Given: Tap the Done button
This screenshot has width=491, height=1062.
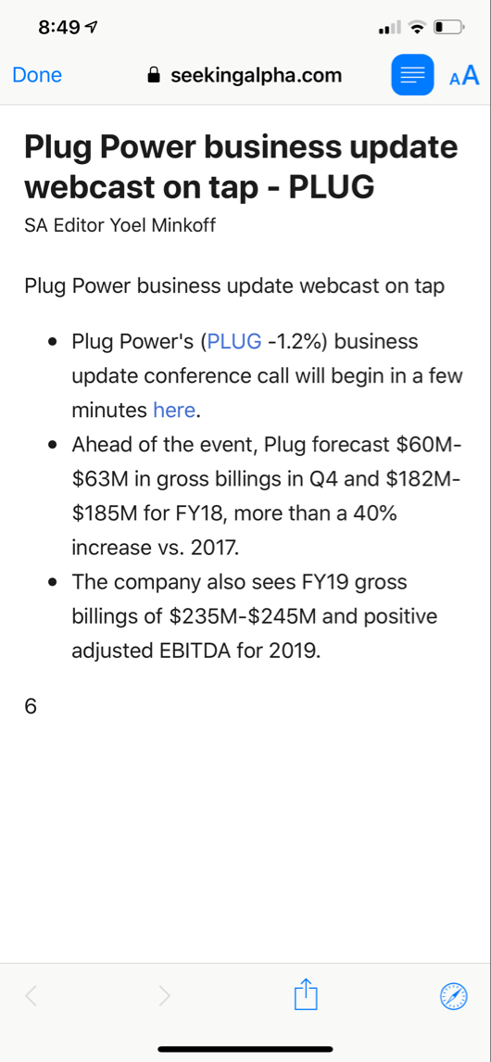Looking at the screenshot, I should [x=37, y=76].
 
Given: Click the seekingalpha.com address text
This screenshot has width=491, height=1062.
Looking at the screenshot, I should [x=257, y=76].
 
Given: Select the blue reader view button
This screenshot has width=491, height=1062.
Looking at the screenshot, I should [x=412, y=75].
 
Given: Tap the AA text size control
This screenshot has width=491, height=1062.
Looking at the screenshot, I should [x=464, y=76].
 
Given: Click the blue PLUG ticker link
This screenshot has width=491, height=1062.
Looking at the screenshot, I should [x=234, y=341].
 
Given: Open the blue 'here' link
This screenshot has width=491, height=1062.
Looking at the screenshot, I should [x=174, y=410].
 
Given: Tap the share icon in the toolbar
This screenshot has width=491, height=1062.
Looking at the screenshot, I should [x=306, y=996].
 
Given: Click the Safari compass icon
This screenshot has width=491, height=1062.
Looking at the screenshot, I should [x=454, y=996].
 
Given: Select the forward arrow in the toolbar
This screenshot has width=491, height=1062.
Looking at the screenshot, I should [x=164, y=996].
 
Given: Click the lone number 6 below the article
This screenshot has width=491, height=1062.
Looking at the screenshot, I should [x=31, y=707].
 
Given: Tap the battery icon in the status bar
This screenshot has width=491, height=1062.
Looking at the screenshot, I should [x=448, y=28].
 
